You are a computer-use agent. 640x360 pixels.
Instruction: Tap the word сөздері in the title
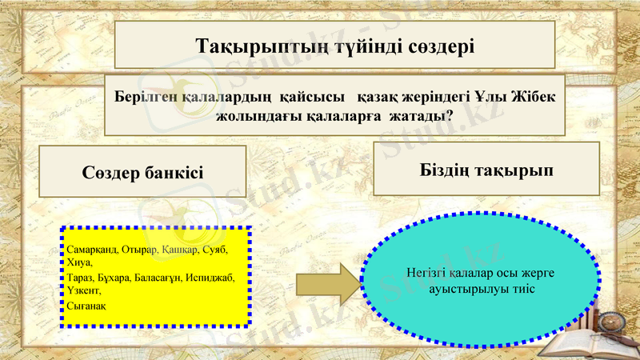click(x=439, y=45)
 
